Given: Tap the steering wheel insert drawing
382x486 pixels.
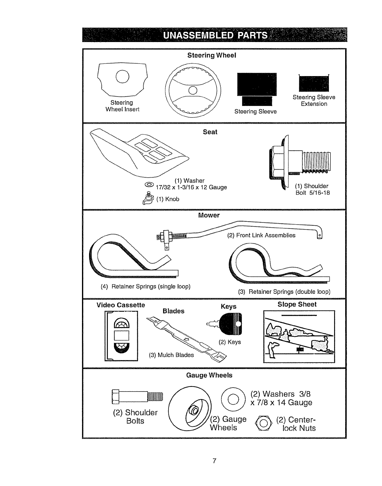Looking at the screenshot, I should (122, 79).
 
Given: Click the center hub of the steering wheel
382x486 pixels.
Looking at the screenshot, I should (193, 90).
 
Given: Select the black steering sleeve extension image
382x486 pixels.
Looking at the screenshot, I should (314, 83).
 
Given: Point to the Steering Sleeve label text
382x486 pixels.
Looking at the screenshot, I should (255, 112).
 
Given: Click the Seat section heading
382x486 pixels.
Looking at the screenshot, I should (210, 132).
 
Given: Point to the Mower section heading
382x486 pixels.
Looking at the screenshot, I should (209, 215).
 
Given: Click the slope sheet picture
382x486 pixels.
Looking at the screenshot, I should (299, 337).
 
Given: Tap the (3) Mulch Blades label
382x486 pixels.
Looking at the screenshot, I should (171, 355).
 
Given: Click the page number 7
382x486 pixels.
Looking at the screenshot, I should (215, 461).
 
